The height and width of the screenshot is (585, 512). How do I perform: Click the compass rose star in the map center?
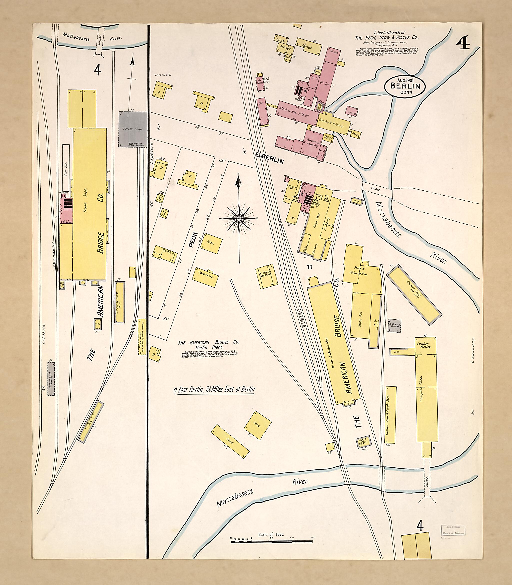click(239, 218)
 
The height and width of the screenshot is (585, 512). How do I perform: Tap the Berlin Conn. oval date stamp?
click(405, 86)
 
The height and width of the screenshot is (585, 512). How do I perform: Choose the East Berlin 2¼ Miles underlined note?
click(214, 389)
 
